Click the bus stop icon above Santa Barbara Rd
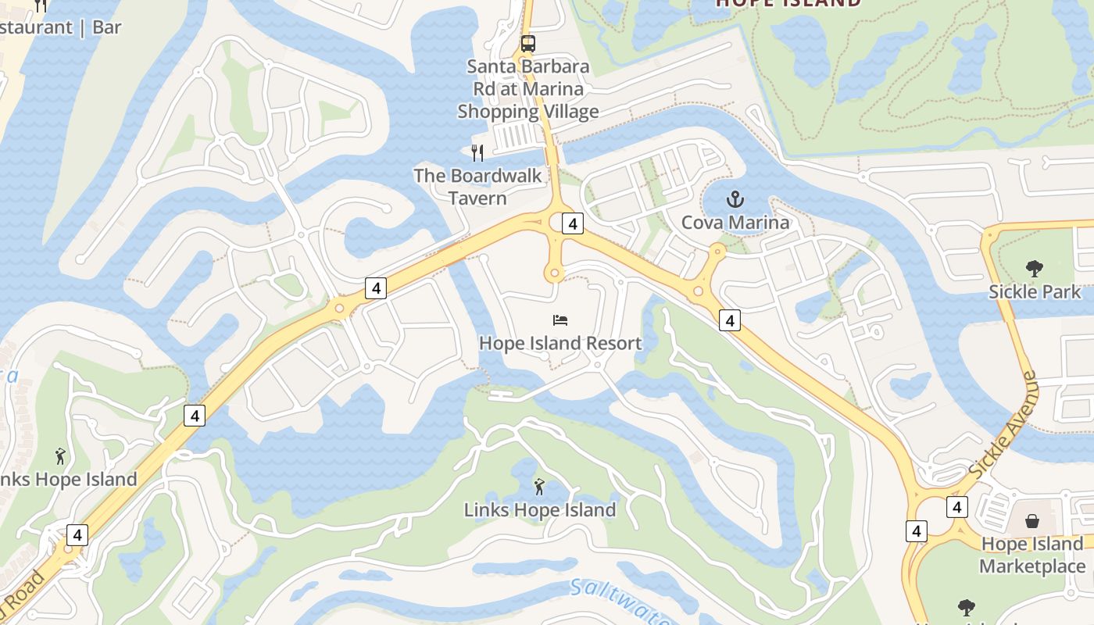(528, 43)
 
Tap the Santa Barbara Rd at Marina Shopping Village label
(528, 89)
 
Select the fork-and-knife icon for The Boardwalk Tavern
(477, 152)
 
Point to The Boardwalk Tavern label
(477, 187)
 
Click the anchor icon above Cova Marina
(735, 199)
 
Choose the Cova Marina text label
(735, 223)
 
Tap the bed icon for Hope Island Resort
(560, 320)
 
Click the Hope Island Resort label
(560, 343)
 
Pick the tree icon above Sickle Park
(1035, 269)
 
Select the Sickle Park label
(1035, 292)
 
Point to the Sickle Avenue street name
(1003, 427)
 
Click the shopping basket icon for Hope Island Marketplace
(1032, 520)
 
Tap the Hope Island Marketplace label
(1032, 555)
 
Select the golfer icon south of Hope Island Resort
(539, 487)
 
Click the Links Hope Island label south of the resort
(540, 510)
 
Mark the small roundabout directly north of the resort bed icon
(554, 273)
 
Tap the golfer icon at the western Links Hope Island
(60, 455)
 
